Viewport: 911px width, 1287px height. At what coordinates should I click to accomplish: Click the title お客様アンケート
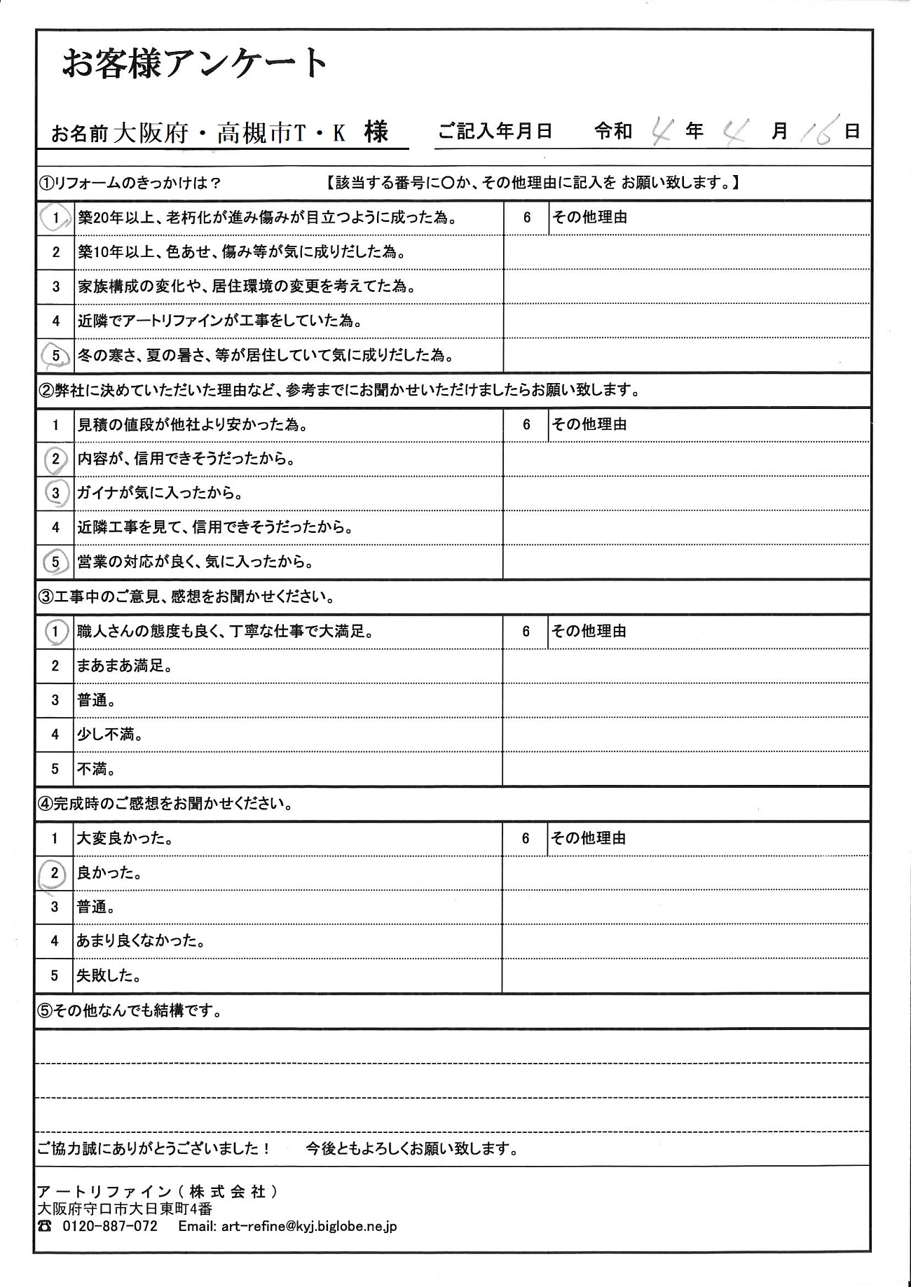tap(195, 64)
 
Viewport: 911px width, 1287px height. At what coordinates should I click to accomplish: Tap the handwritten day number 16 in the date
tap(818, 132)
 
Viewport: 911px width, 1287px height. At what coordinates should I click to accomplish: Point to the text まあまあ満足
tap(125, 666)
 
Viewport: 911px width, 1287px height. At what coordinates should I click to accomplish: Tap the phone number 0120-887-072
tap(110, 1226)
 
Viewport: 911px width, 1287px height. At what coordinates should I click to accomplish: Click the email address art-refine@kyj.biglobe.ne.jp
tap(308, 1226)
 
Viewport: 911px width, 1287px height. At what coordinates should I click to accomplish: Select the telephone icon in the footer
tap(45, 1226)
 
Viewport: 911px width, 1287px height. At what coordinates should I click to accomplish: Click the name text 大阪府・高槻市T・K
tap(229, 132)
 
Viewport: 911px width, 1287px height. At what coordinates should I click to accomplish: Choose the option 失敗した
tap(109, 975)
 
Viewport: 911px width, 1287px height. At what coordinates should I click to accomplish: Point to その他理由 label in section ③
tap(588, 632)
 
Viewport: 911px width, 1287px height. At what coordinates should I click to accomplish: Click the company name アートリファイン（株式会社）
tap(158, 1192)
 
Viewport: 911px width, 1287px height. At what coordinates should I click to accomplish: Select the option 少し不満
tap(110, 735)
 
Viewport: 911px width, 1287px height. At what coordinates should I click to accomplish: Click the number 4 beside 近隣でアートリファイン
tap(56, 321)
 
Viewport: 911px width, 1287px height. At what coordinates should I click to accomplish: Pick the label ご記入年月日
tap(495, 131)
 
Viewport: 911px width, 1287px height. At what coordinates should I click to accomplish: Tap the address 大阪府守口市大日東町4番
tap(124, 1209)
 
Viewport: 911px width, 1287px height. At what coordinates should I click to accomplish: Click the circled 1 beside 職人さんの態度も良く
tap(55, 632)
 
